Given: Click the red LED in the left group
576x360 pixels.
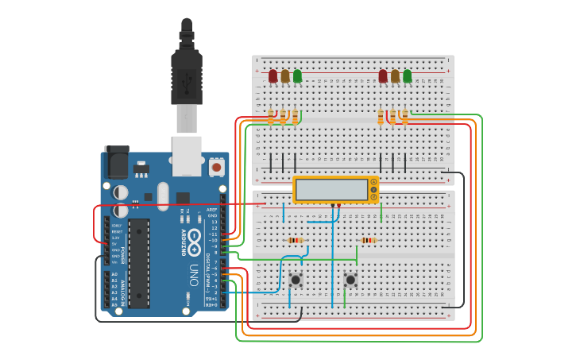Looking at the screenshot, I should click(x=273, y=75).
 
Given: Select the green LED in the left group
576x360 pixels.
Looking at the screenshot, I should click(x=297, y=75).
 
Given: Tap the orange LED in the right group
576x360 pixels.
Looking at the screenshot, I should click(x=395, y=75).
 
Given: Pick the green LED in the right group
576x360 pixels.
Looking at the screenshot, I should click(x=408, y=75).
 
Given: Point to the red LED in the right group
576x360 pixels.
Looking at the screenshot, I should click(x=383, y=75).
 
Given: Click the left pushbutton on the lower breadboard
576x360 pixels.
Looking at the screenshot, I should click(x=296, y=279).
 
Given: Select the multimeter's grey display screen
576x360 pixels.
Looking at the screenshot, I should click(x=331, y=190).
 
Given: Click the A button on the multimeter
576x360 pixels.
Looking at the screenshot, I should click(x=373, y=182).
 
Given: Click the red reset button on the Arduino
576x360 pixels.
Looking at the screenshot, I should click(x=216, y=168).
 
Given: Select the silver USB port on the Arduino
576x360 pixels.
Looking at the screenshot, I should click(x=186, y=154).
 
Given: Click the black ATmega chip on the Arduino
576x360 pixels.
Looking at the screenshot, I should click(x=139, y=263).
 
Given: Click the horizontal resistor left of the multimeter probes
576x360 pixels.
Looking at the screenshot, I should click(x=295, y=240).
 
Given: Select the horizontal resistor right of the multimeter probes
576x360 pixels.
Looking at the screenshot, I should click(x=368, y=240).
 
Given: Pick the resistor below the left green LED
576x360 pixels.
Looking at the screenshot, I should click(x=295, y=117).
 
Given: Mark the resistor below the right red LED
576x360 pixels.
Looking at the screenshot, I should click(x=381, y=117).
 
